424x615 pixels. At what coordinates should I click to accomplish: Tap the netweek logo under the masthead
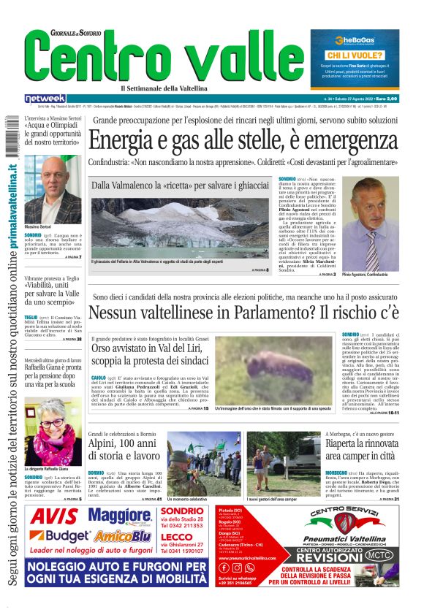[45, 99]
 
